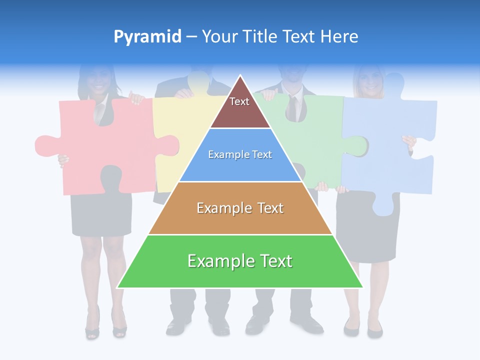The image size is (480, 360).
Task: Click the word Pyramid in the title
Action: pos(147,37)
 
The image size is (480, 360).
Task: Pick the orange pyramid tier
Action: pos(240,208)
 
